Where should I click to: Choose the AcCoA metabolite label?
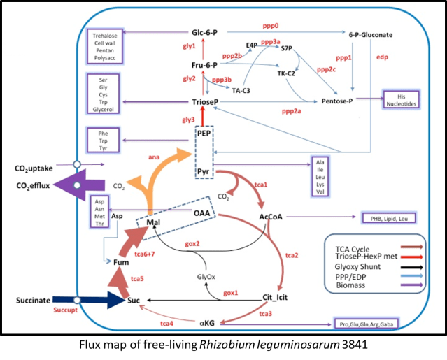pyautogui.click(x=270, y=217)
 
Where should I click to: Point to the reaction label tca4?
pyautogui.click(x=167, y=324)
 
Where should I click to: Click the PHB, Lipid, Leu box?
pyautogui.click(x=388, y=218)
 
